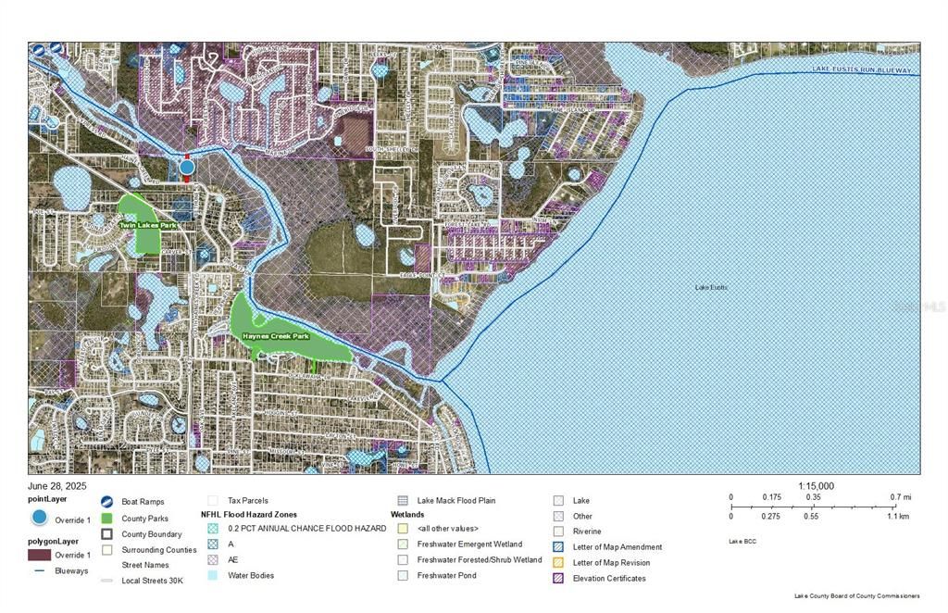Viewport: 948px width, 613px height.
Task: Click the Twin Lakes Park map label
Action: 147,225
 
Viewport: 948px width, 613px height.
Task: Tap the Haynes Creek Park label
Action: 275,336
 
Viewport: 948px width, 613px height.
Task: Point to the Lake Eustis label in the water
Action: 711,288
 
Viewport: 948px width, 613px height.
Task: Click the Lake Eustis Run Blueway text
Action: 861,70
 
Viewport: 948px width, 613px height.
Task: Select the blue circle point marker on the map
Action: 187,168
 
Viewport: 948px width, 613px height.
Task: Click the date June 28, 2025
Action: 56,485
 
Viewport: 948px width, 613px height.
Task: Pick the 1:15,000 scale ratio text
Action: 816,486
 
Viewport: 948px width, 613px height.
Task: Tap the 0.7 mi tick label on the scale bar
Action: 901,497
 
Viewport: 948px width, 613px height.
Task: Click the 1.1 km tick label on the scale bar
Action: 898,516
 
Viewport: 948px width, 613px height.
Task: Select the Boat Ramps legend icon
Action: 107,501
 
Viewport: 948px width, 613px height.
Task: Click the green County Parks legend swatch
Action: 107,518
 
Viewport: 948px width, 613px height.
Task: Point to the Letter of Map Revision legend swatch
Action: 558,563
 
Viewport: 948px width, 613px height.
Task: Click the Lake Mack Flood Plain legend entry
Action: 455,501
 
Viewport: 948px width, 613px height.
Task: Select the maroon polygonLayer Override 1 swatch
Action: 39,555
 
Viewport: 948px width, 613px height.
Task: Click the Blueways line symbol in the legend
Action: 39,571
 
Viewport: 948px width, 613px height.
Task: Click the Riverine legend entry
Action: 587,532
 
